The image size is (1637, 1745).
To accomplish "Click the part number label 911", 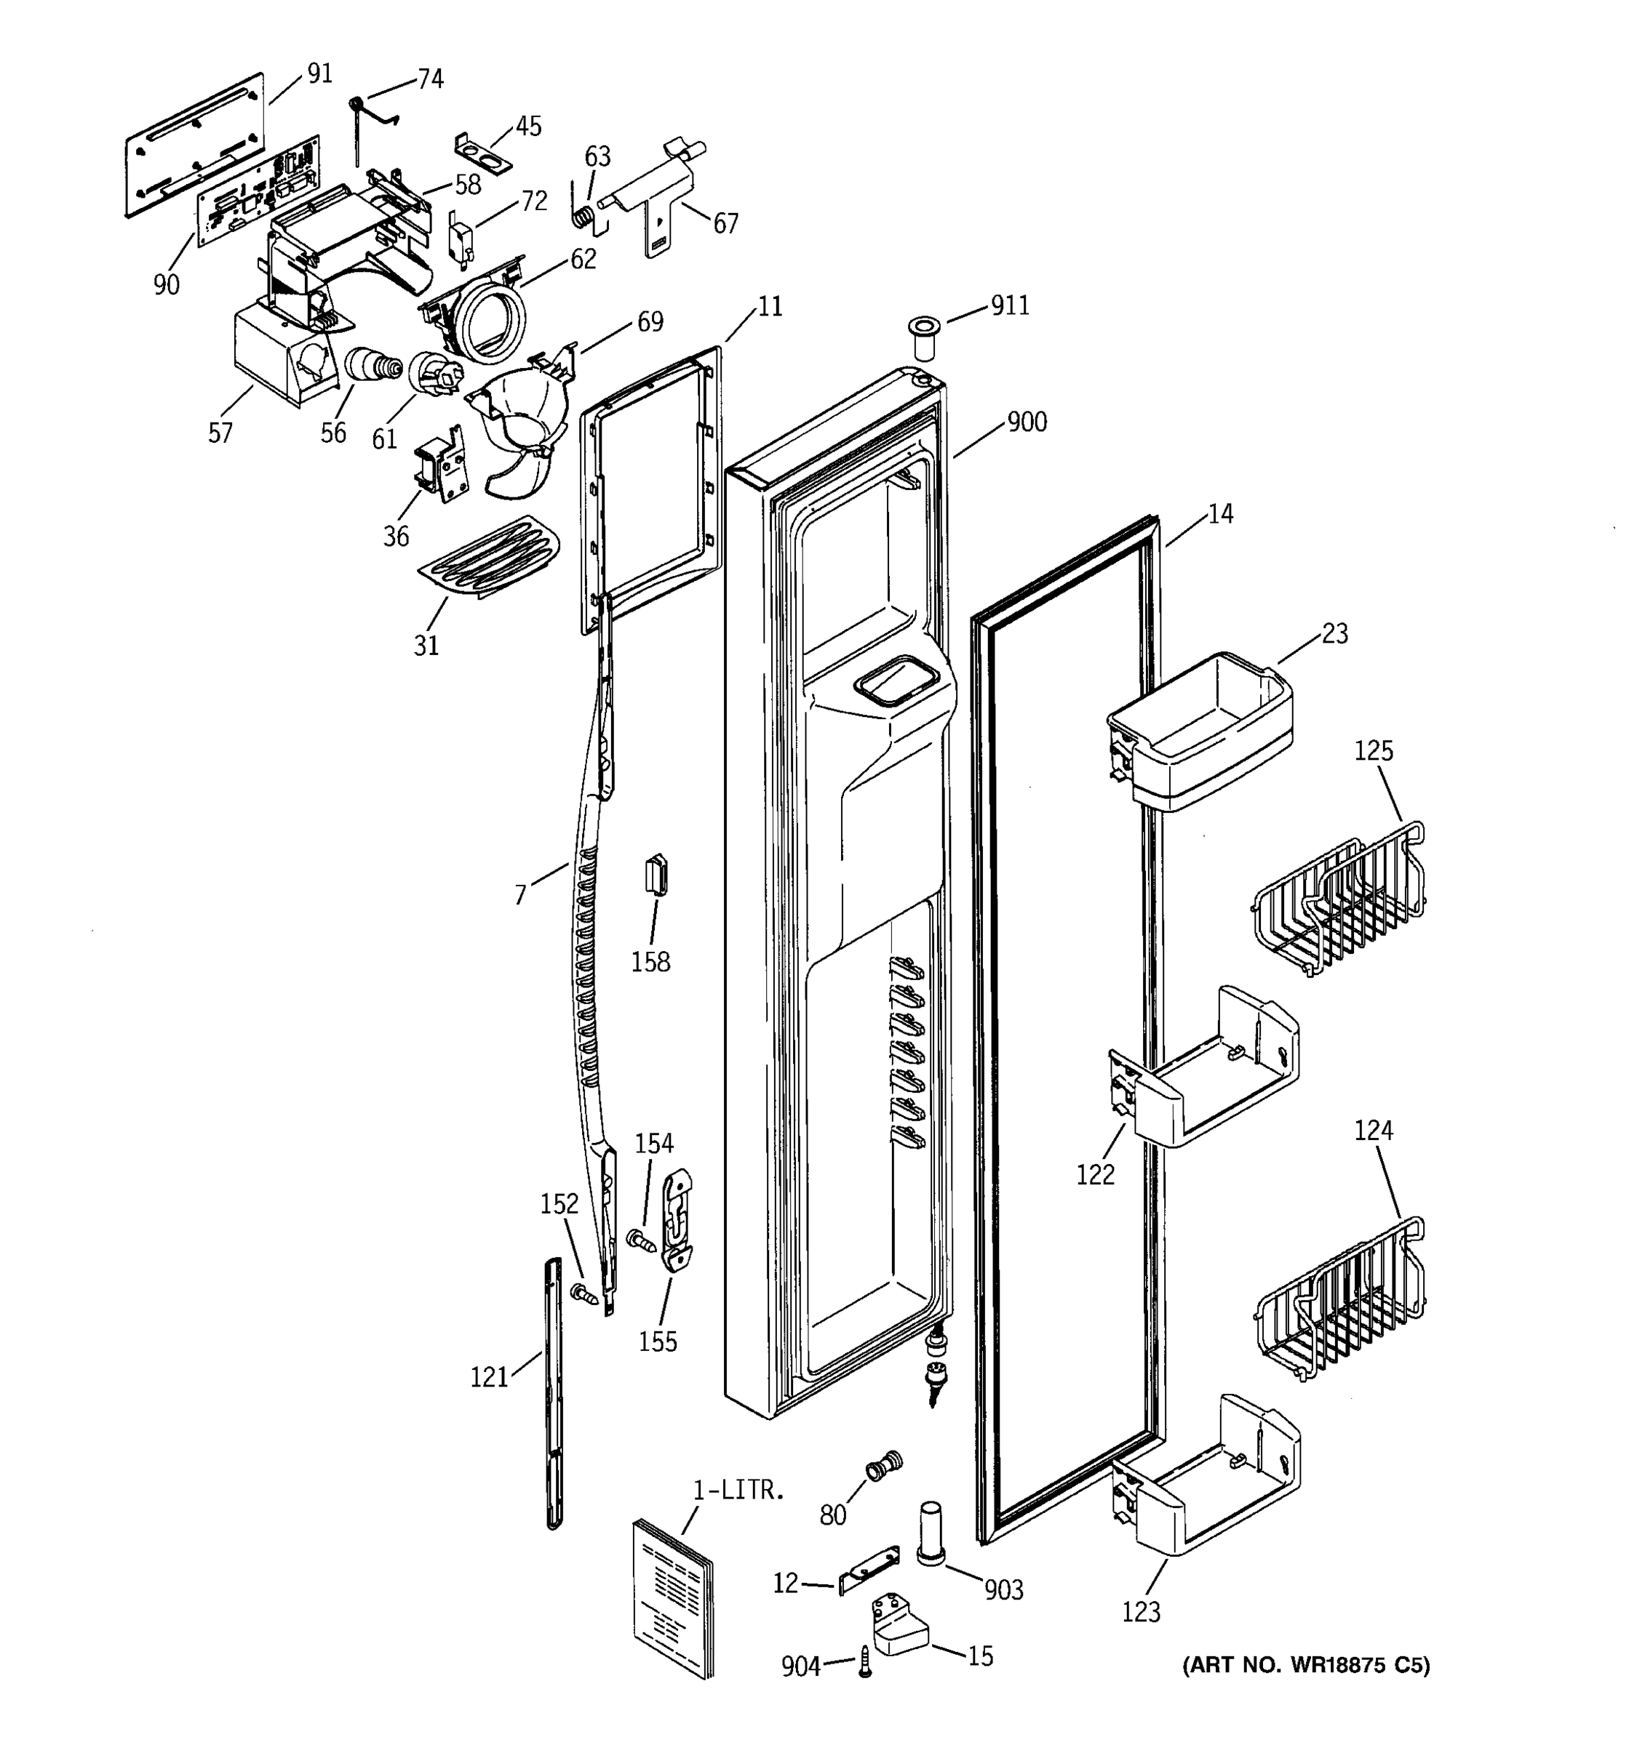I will pyautogui.click(x=1009, y=305).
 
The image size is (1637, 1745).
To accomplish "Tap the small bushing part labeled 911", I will pyautogui.click(x=923, y=340).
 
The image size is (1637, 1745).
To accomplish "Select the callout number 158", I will pyautogui.click(x=650, y=962).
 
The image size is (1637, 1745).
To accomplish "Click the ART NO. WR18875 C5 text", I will pyautogui.click(x=1305, y=1664).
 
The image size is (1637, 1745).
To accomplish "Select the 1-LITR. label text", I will pyautogui.click(x=738, y=1491).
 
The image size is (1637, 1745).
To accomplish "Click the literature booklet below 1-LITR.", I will pyautogui.click(x=673, y=1597).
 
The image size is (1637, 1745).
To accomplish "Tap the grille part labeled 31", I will pyautogui.click(x=490, y=558).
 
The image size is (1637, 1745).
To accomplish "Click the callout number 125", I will pyautogui.click(x=1373, y=750).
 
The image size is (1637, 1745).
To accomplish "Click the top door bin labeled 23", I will pyautogui.click(x=1201, y=733).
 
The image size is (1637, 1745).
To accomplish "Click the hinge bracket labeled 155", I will pyautogui.click(x=677, y=1220).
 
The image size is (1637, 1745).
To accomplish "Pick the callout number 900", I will pyautogui.click(x=1026, y=422).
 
